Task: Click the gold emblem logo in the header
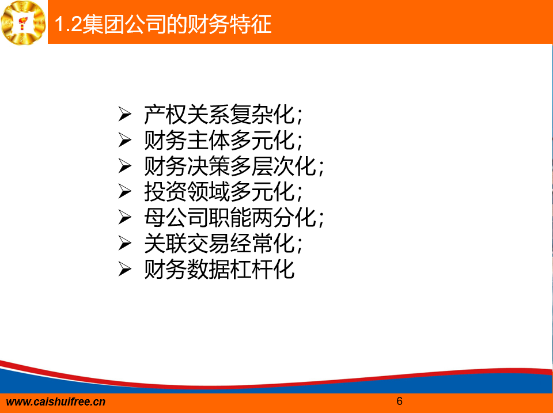tap(23, 22)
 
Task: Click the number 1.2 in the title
tap(69, 25)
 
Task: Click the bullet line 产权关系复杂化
tap(224, 115)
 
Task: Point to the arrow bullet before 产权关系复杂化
tap(124, 114)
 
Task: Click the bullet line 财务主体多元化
tap(224, 141)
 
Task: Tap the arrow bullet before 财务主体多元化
tap(124, 139)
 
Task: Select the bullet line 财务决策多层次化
tap(234, 166)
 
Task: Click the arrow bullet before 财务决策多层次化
tap(124, 166)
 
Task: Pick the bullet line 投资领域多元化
tap(224, 192)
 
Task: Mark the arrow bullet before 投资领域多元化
tap(124, 191)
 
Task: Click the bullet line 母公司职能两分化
tap(234, 218)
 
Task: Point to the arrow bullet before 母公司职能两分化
tap(124, 217)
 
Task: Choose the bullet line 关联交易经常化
tap(224, 244)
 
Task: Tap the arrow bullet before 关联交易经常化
tap(124, 243)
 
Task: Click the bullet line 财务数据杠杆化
tap(219, 270)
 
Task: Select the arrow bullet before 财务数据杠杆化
tap(124, 269)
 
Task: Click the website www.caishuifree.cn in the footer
tap(56, 402)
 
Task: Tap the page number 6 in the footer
tap(399, 401)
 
